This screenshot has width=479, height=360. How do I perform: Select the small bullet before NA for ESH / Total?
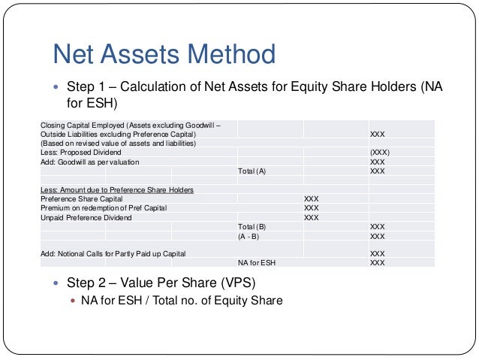coord(73,301)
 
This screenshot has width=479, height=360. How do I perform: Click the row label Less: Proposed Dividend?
coord(83,153)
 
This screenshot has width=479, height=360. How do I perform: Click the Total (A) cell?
coord(252,171)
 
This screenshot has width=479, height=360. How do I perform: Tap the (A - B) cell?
coord(249,236)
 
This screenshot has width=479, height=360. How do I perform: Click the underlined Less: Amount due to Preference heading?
coord(116,189)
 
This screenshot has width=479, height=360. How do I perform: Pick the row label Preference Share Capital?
coord(83,199)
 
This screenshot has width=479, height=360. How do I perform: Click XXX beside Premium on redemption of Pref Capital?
coord(312,208)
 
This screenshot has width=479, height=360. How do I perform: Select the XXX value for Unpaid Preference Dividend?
coord(312,217)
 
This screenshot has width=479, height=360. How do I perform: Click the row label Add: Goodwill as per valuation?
coord(89,162)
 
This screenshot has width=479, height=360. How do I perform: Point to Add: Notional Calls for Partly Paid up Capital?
coord(113,254)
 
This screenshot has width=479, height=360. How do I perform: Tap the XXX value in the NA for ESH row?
coord(378,263)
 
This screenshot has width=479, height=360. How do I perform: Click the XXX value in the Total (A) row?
coord(378,171)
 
